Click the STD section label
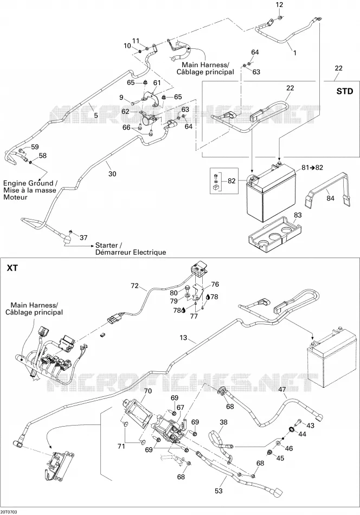[345, 91]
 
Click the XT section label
[12, 268]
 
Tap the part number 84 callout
[330, 198]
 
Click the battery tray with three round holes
[275, 233]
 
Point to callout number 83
[298, 215]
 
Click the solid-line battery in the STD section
[271, 193]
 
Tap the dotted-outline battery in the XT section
[331, 358]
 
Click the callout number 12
[279, 5]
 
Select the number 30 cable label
[112, 173]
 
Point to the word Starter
[106, 246]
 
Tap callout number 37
[83, 237]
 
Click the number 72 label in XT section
[135, 286]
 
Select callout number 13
[183, 338]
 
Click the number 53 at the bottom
[218, 491]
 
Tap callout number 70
[148, 391]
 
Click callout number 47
[282, 390]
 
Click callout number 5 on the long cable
[96, 115]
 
